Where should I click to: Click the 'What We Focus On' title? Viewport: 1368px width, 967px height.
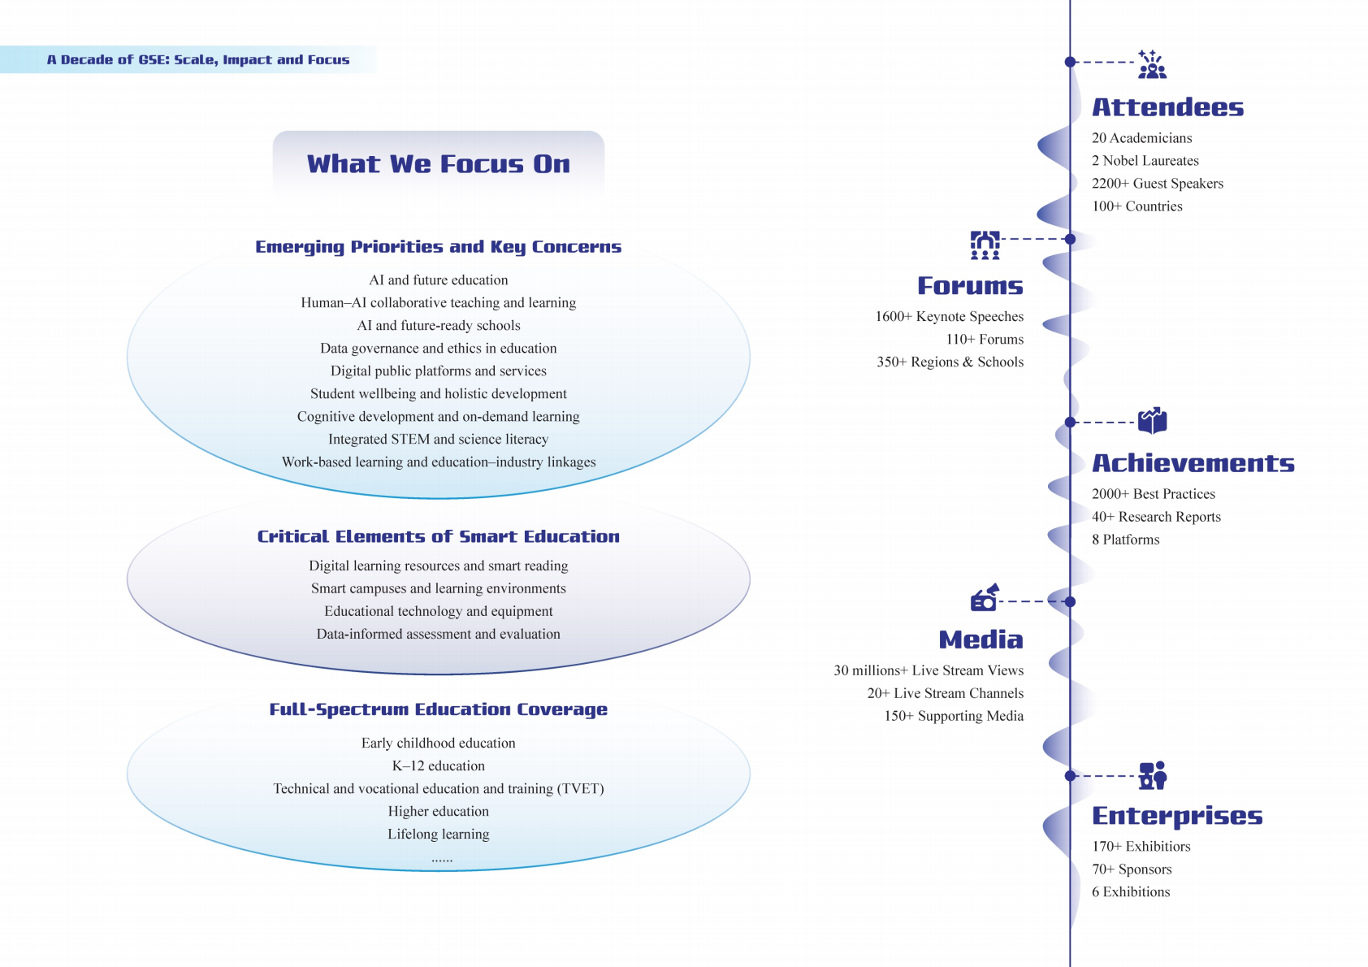tap(439, 164)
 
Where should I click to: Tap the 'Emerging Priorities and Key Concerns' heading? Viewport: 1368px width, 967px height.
tap(439, 247)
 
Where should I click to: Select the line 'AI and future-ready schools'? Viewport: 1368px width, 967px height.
tap(439, 326)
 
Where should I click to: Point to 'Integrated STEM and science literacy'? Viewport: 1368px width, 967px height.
tap(439, 440)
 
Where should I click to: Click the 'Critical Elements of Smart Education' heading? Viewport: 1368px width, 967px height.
tap(439, 537)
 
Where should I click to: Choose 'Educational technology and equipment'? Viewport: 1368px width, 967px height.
tap(439, 612)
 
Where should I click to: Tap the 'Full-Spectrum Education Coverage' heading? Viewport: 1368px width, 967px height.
tap(439, 710)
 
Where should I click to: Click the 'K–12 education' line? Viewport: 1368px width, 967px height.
tap(439, 766)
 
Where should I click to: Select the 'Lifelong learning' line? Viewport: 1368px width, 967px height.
tap(439, 835)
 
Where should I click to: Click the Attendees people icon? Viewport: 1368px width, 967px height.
tap(1152, 64)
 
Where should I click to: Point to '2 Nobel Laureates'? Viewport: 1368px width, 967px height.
tap(1145, 161)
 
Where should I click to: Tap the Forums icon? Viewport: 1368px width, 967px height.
tap(985, 245)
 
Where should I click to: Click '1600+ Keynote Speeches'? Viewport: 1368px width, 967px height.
tap(950, 317)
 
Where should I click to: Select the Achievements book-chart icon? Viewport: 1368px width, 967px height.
tap(1152, 421)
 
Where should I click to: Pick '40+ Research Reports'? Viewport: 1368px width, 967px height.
tap(1156, 517)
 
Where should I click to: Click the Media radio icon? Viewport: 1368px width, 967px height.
tap(985, 598)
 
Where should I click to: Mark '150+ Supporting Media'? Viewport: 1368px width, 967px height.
tap(954, 717)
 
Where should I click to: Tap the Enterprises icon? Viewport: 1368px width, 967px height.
tap(1152, 775)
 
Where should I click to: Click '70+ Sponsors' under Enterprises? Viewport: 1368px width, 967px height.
tap(1132, 869)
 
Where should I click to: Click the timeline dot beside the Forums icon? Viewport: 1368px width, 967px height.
tap(1071, 239)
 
